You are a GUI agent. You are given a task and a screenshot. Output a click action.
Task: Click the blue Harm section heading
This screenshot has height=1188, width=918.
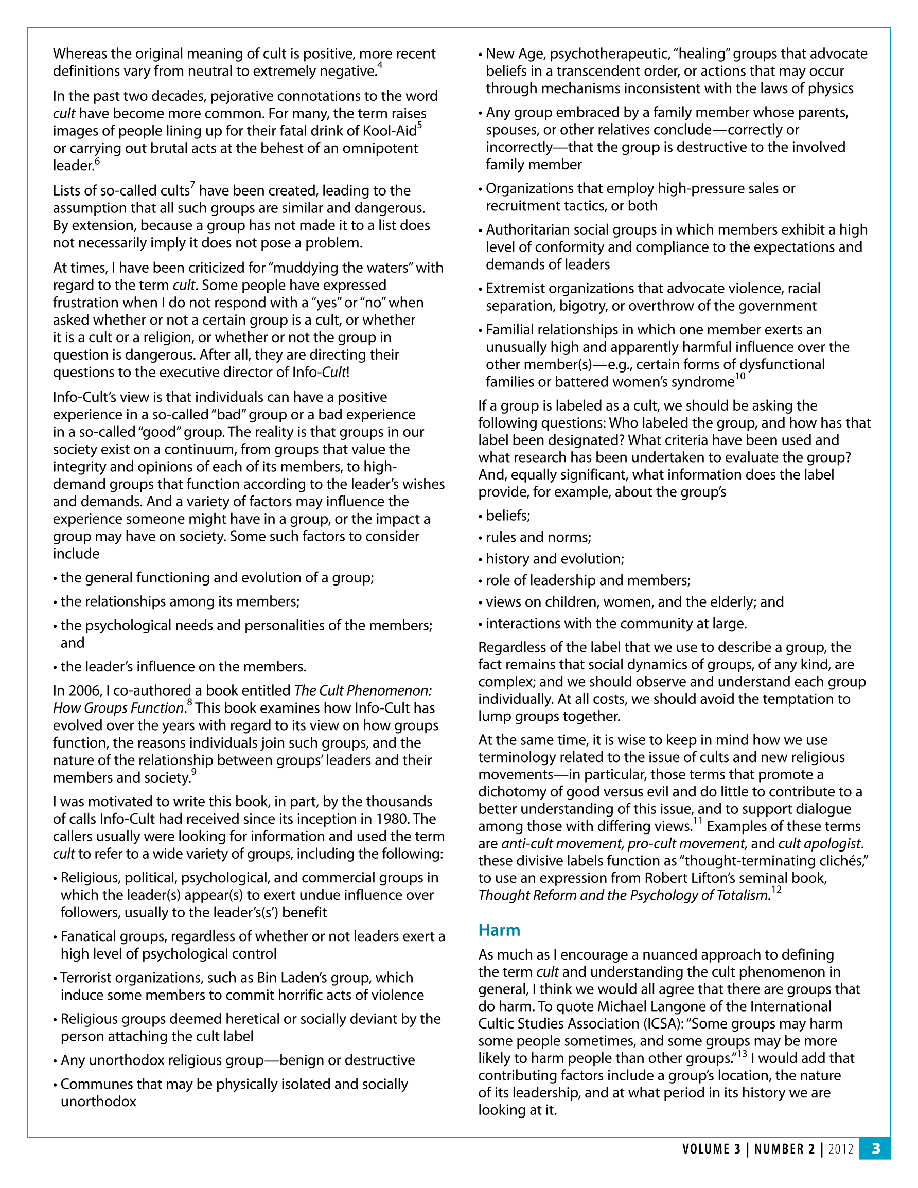point(499,930)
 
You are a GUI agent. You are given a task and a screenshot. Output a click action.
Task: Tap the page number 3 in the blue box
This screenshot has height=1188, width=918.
point(876,1148)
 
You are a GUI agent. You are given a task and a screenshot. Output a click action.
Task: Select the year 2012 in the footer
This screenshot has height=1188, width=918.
point(841,1149)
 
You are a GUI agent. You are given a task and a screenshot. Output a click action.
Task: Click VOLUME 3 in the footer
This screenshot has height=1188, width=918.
point(711,1149)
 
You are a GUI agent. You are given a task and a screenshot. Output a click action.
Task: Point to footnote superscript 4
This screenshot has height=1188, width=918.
point(380,66)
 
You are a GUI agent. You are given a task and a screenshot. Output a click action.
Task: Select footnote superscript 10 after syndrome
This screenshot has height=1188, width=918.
point(740,377)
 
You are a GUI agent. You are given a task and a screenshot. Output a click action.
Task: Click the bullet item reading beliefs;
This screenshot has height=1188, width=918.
point(508,516)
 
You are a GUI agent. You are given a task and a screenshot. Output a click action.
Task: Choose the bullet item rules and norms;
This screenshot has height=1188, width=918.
point(538,538)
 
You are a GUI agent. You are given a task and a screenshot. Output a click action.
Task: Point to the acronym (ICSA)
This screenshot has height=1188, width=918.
point(663,1024)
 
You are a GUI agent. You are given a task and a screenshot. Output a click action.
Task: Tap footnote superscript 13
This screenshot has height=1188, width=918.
point(742,1054)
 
